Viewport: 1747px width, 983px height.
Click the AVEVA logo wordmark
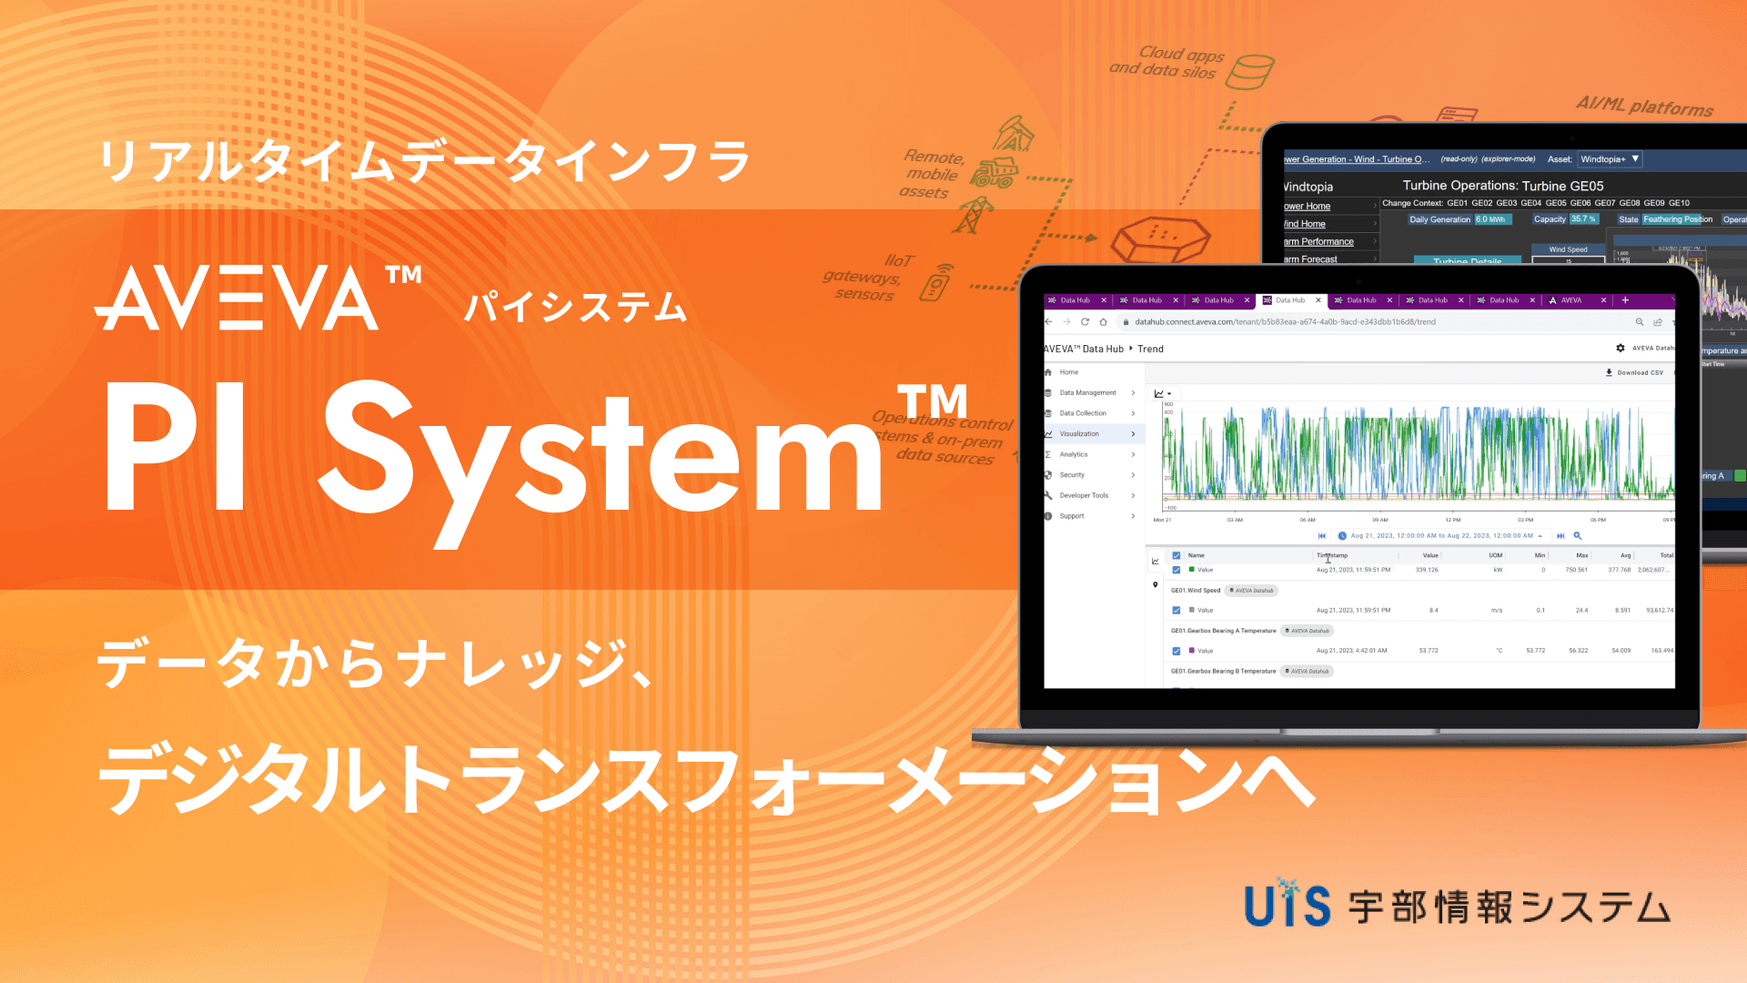point(237,299)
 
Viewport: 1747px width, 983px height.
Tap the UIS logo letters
point(1287,905)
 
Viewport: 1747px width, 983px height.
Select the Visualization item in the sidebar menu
point(1079,434)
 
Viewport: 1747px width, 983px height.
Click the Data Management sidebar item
point(1087,393)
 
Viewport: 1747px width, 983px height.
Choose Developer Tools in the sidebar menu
point(1084,496)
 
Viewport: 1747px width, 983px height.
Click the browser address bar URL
point(1285,322)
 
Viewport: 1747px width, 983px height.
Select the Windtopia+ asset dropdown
point(1609,159)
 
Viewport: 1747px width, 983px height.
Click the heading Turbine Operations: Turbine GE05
point(1503,186)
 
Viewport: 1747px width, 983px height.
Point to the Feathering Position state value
point(1678,219)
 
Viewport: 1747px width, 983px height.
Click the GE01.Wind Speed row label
point(1196,591)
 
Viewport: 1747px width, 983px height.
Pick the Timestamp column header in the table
point(1332,555)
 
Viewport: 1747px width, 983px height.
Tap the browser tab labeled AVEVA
point(1571,300)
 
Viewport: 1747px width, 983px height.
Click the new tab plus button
point(1625,300)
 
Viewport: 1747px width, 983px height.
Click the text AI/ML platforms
point(1644,106)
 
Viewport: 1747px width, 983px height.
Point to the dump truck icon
point(994,172)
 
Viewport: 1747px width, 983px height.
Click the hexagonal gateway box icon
point(1161,238)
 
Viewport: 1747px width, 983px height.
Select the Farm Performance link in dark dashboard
point(1318,242)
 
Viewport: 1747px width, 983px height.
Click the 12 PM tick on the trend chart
point(1453,520)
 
